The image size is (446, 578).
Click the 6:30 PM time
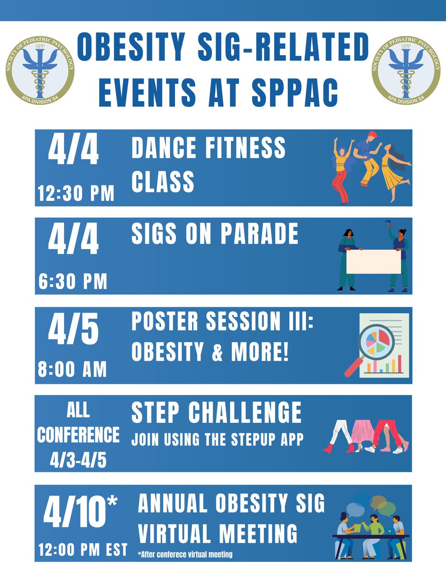(x=73, y=281)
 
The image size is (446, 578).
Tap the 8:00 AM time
(x=73, y=369)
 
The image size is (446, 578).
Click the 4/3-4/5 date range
(x=78, y=460)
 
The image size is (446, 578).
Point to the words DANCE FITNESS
(x=208, y=148)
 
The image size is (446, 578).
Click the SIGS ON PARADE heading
(x=215, y=234)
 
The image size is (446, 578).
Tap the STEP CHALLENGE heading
(x=217, y=413)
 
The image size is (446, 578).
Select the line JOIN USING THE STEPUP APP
(x=217, y=439)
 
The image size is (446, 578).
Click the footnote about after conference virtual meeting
(x=185, y=554)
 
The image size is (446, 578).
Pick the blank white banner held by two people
(x=373, y=262)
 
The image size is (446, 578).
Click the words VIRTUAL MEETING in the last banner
(x=217, y=534)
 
